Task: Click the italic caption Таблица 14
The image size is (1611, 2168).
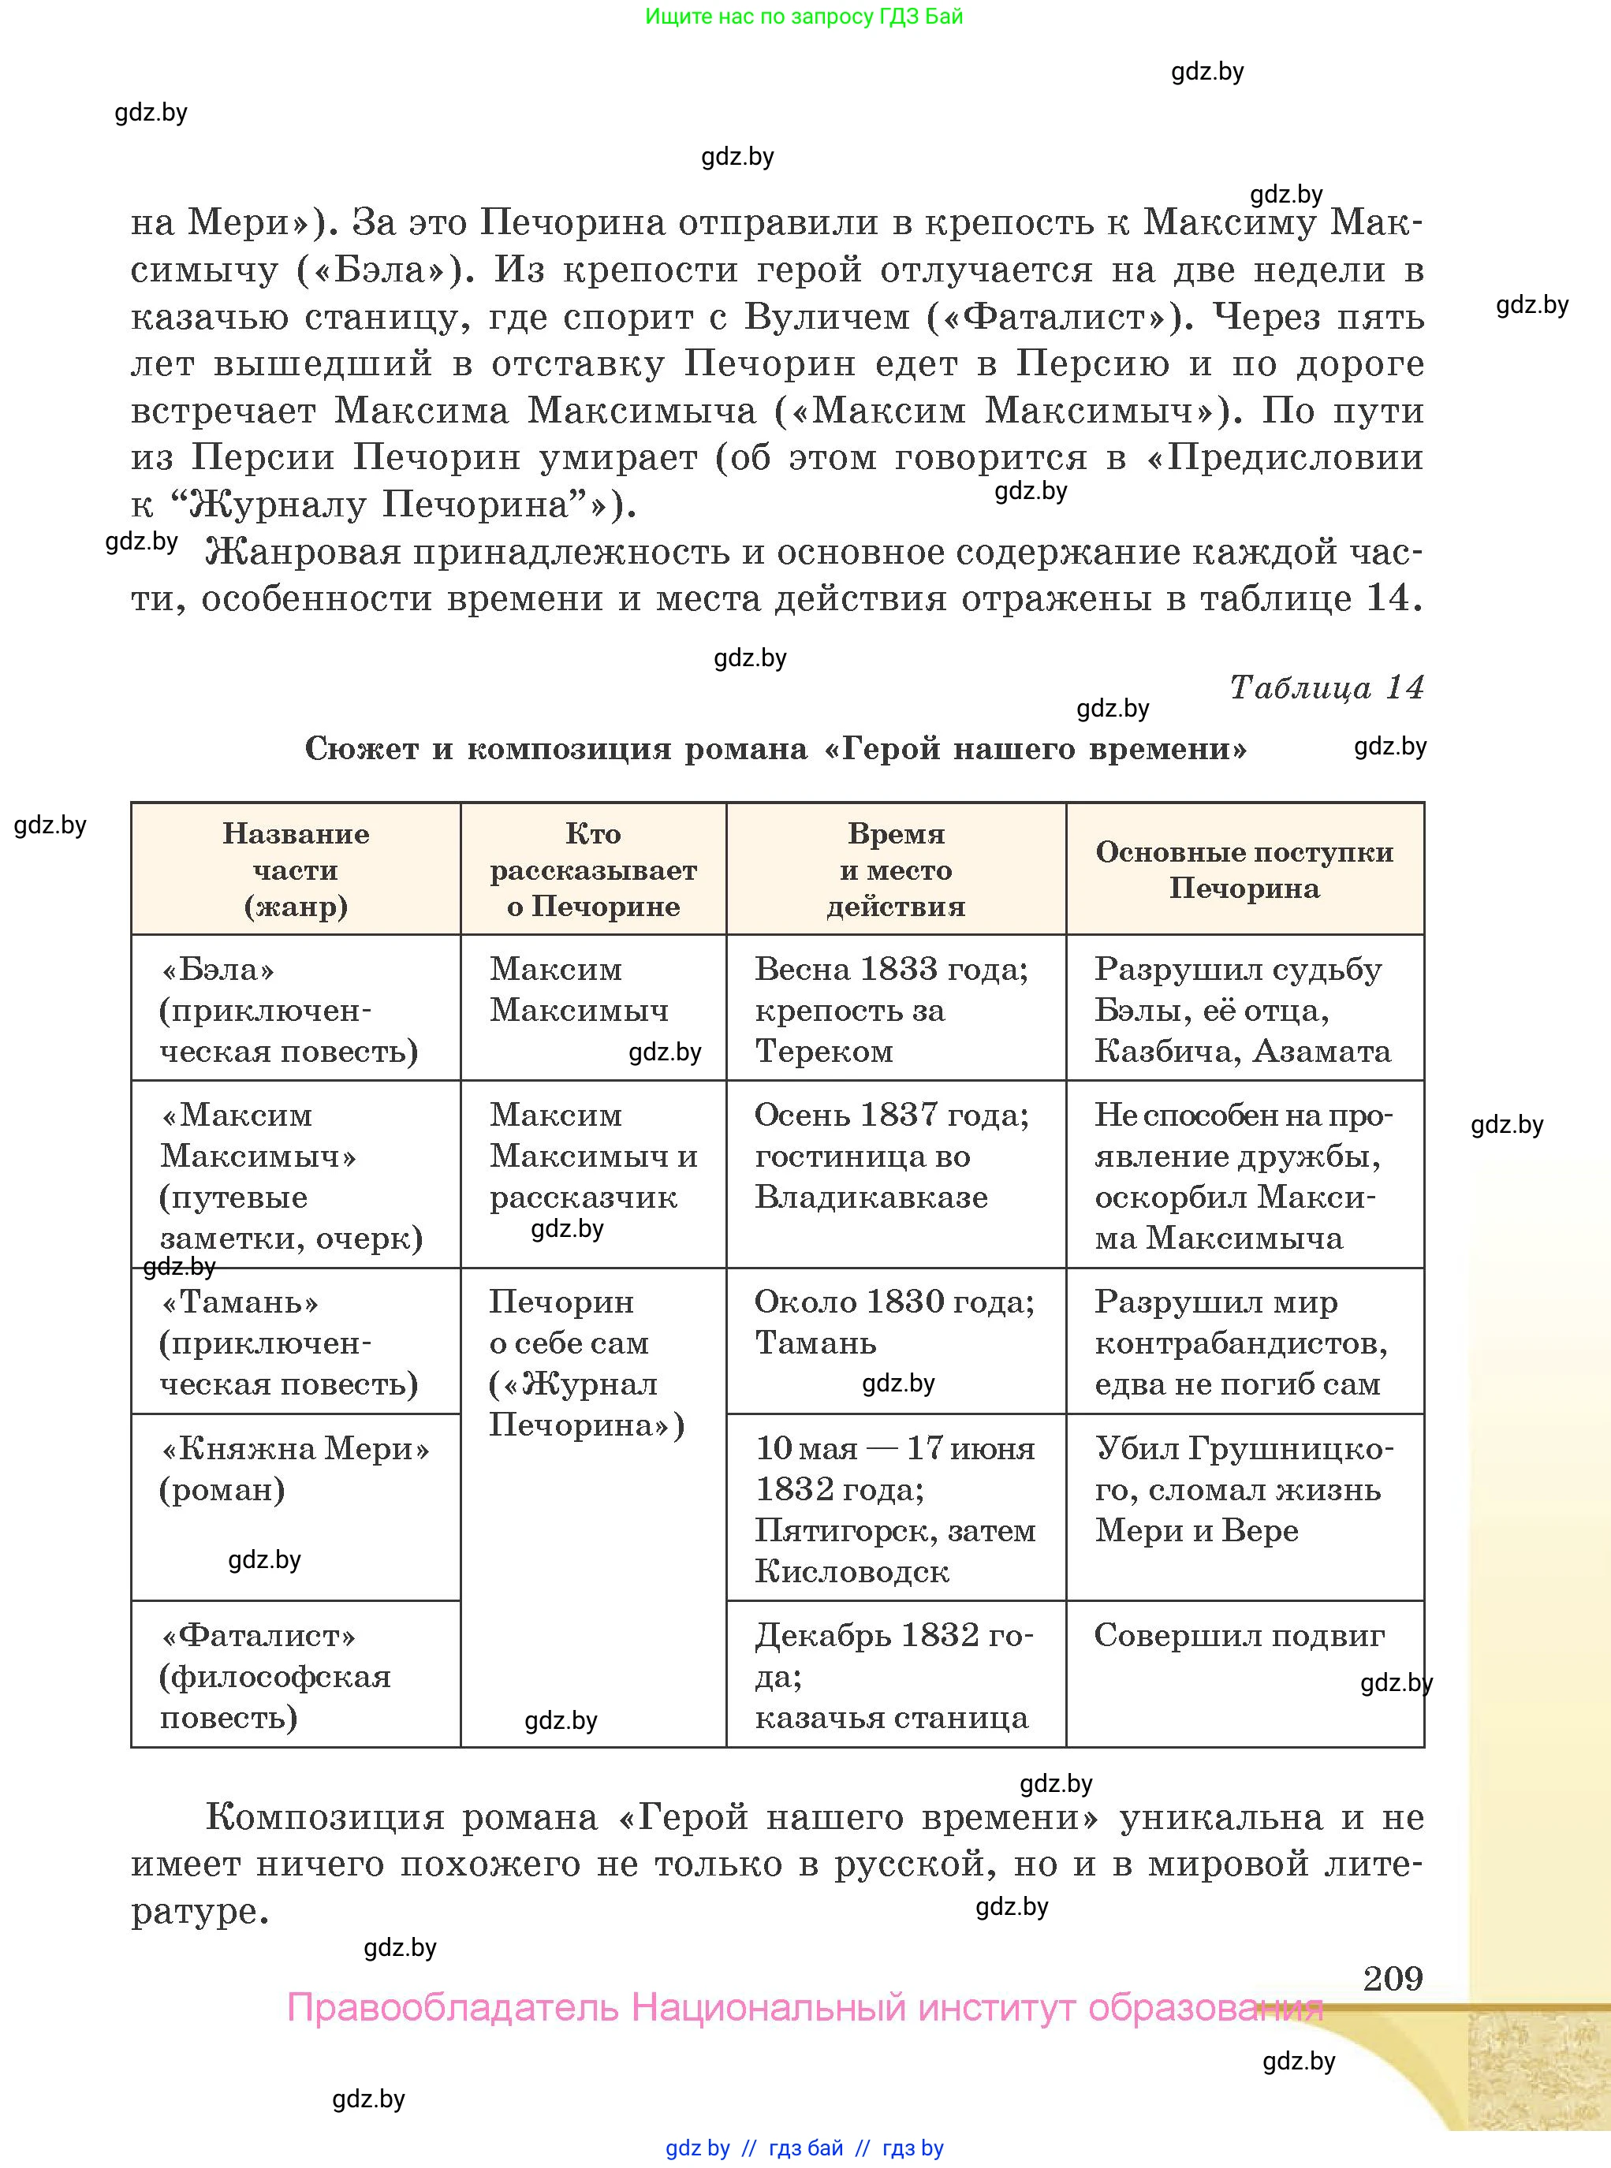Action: tap(1326, 687)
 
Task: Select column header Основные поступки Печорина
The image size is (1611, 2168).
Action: tap(1244, 869)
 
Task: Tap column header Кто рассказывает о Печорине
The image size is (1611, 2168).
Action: tap(593, 869)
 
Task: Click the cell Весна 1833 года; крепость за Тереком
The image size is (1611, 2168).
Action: tap(894, 1009)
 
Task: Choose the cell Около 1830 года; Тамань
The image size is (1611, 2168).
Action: tap(894, 1322)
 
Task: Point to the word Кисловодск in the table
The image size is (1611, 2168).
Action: tap(852, 1571)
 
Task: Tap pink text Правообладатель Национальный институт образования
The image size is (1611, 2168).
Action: tap(804, 2008)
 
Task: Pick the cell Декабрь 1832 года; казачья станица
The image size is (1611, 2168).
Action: tap(894, 1676)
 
